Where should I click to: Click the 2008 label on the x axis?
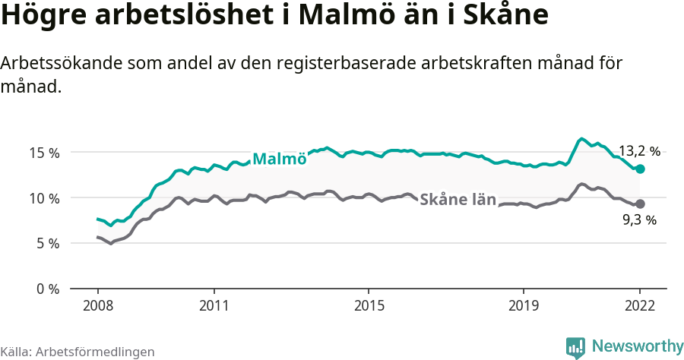98,305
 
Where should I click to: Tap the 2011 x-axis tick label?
214,305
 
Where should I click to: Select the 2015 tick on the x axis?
369,305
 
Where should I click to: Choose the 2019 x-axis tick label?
524,305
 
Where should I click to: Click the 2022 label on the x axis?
640,305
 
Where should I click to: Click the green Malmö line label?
279,159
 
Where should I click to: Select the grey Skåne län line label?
458,200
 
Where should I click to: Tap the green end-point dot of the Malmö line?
640,169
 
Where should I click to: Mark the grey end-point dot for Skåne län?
640,204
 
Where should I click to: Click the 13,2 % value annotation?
639,151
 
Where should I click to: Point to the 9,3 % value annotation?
639,220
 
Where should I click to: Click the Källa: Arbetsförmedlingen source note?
78,352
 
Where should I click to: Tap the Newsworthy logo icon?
575,347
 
